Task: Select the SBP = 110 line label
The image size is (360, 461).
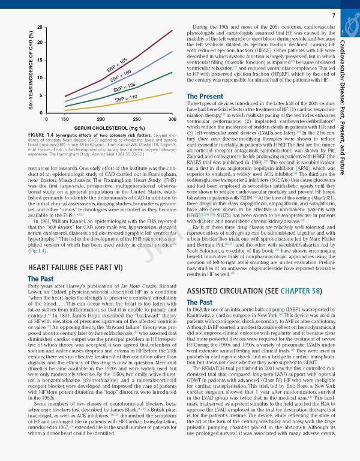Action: tap(126, 97)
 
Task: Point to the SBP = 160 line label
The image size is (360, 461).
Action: tap(121, 76)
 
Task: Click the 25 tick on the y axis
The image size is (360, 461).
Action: tap(40, 28)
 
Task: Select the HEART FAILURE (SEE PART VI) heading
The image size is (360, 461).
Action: tap(75, 267)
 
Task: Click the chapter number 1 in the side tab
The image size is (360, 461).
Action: tap(342, 34)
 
